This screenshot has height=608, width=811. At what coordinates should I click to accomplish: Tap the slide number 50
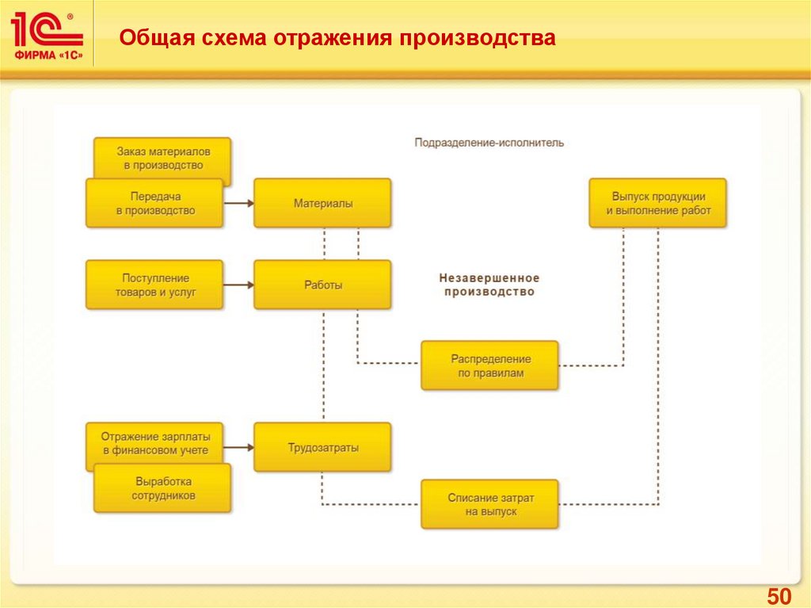(779, 596)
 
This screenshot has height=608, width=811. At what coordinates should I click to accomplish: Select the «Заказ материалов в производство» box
(163, 151)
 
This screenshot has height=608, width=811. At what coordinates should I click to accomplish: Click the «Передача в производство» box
(155, 204)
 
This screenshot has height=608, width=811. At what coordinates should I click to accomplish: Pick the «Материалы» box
(322, 204)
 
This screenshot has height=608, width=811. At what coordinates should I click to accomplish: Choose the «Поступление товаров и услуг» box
(155, 285)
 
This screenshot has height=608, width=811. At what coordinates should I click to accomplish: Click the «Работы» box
(322, 285)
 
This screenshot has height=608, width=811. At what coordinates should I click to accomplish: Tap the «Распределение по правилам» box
(489, 365)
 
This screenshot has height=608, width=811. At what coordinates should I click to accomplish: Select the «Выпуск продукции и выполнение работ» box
(657, 204)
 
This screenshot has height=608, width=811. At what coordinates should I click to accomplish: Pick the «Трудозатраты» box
(322, 448)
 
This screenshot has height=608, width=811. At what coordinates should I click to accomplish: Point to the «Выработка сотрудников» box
(163, 489)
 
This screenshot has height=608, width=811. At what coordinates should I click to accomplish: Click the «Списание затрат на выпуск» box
(489, 504)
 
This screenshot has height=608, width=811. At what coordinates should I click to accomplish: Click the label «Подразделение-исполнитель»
(489, 143)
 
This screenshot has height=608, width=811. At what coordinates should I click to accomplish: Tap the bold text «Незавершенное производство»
(489, 285)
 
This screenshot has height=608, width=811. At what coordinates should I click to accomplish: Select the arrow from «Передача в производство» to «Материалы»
(238, 204)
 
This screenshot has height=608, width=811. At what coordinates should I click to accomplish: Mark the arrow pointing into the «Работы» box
(238, 285)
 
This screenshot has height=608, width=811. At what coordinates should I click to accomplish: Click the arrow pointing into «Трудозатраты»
(238, 448)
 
